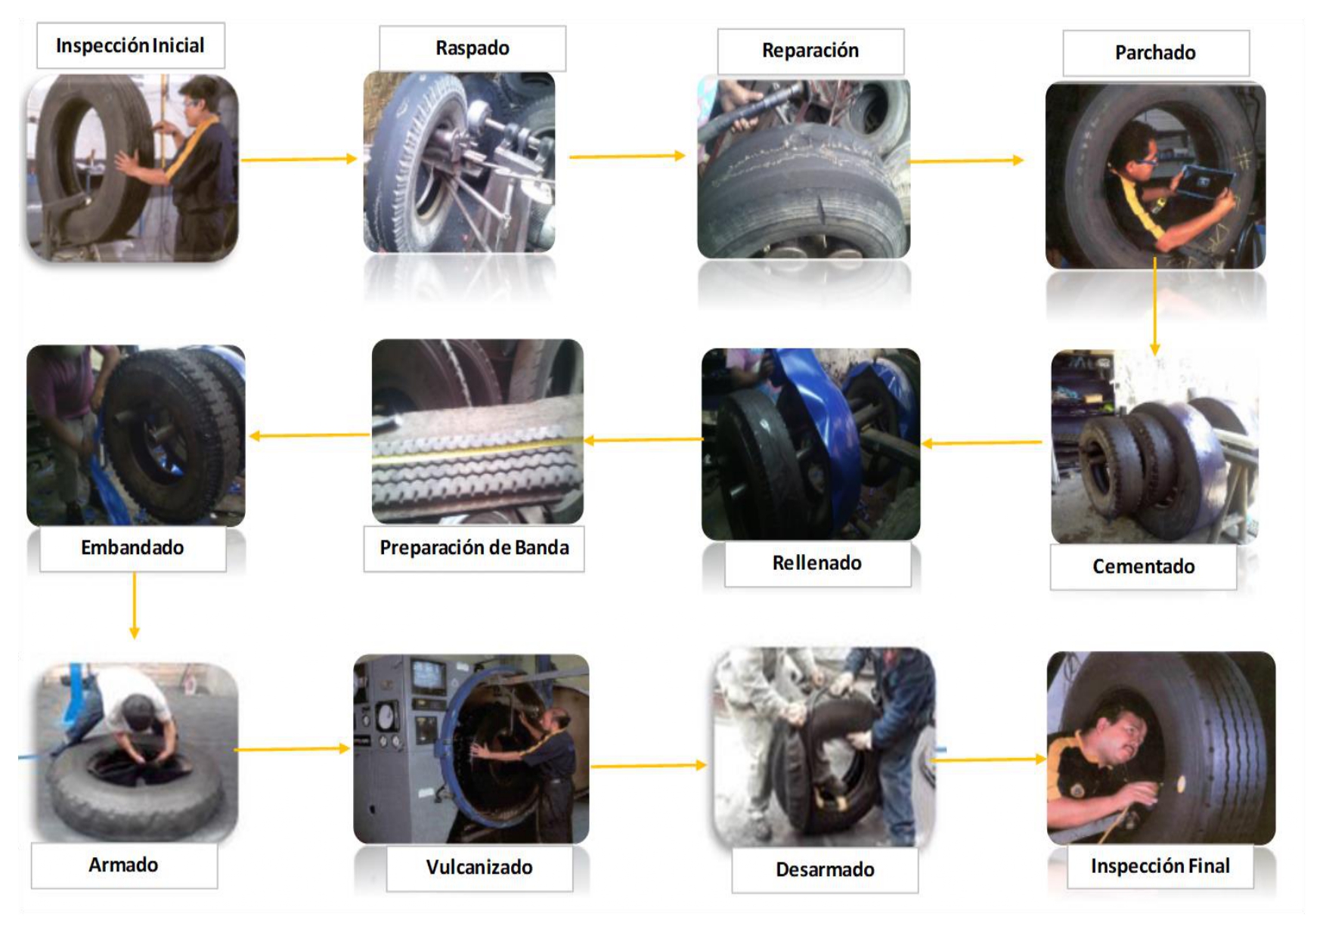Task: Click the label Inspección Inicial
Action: click(x=130, y=45)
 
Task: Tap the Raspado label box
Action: click(x=472, y=48)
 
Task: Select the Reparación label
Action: click(x=810, y=51)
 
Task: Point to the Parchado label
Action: click(x=1156, y=53)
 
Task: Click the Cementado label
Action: click(x=1143, y=567)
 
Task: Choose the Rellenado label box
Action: click(x=817, y=563)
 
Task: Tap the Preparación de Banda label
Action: click(x=474, y=548)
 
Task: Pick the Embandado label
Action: click(x=132, y=548)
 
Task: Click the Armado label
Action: click(x=124, y=865)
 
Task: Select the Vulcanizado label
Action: click(x=479, y=868)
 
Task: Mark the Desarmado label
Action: click(x=825, y=870)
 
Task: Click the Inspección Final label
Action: click(x=1160, y=866)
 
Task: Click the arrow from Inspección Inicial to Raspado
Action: click(x=299, y=159)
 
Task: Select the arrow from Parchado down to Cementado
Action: click(x=1154, y=306)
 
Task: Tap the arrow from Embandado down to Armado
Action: click(x=135, y=605)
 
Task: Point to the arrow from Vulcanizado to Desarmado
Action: click(x=649, y=766)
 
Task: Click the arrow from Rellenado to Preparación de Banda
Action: click(x=643, y=440)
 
